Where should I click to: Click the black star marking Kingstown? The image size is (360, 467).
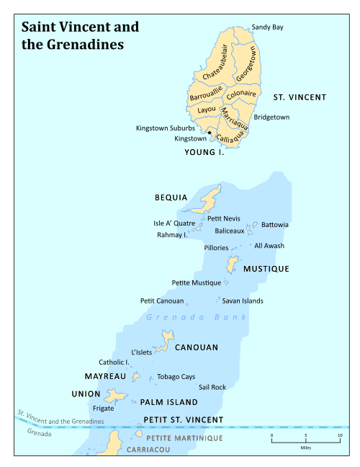(x=210, y=132)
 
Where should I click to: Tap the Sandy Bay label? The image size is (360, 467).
(x=267, y=27)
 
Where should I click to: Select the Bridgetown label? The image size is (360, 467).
(x=271, y=117)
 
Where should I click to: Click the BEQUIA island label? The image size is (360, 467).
(x=171, y=197)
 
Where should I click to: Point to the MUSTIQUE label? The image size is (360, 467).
(x=266, y=269)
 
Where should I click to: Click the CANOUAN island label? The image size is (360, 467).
(x=196, y=347)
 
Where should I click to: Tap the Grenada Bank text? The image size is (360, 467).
(x=196, y=317)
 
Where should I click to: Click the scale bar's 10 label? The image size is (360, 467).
(x=340, y=436)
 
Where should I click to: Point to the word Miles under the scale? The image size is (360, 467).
(x=306, y=448)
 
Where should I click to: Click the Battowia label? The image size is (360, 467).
(x=275, y=225)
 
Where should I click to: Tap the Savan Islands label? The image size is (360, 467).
(x=243, y=301)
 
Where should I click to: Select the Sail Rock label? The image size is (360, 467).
(x=212, y=387)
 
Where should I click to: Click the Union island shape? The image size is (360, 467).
(x=115, y=395)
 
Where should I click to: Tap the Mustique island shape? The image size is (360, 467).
(x=232, y=264)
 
